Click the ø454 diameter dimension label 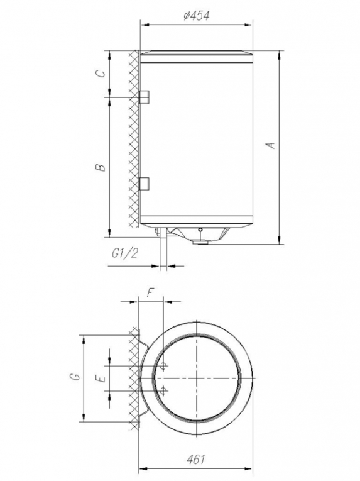(197, 15)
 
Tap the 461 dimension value (195, 460)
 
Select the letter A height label (271, 145)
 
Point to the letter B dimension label (101, 167)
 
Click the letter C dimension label (101, 74)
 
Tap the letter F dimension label (150, 292)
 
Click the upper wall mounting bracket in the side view (144, 97)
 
